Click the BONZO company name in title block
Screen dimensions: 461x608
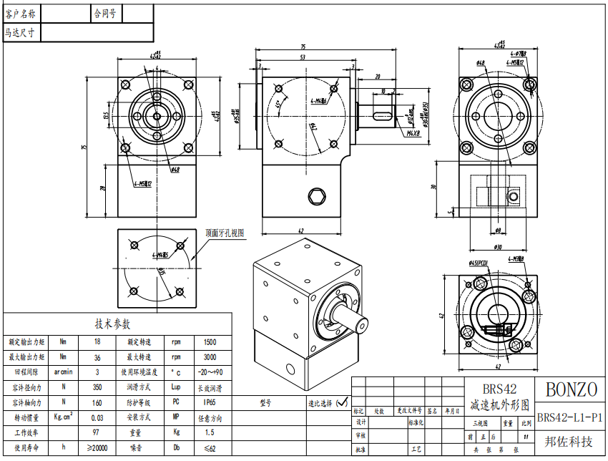(571, 389)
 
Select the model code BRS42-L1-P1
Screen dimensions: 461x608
(570, 417)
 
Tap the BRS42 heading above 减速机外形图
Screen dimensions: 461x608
(499, 389)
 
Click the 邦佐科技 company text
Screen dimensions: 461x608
(569, 442)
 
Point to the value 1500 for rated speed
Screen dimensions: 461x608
(210, 341)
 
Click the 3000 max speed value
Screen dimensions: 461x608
(210, 356)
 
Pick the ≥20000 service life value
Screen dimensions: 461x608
(97, 448)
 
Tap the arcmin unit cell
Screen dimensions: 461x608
(63, 372)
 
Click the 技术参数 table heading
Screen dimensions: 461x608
(118, 324)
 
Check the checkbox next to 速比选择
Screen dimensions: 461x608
(342, 402)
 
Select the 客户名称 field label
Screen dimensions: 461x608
(24, 13)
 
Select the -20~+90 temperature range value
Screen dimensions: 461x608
(210, 372)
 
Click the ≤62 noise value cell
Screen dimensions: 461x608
(210, 448)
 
